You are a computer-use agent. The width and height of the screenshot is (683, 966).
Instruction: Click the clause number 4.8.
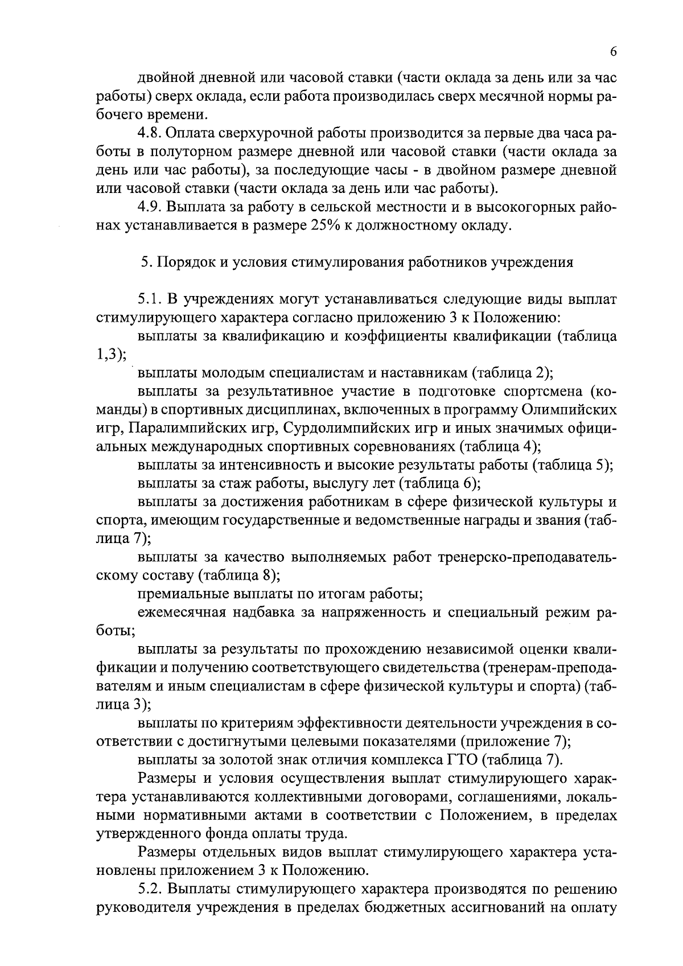(x=150, y=134)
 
